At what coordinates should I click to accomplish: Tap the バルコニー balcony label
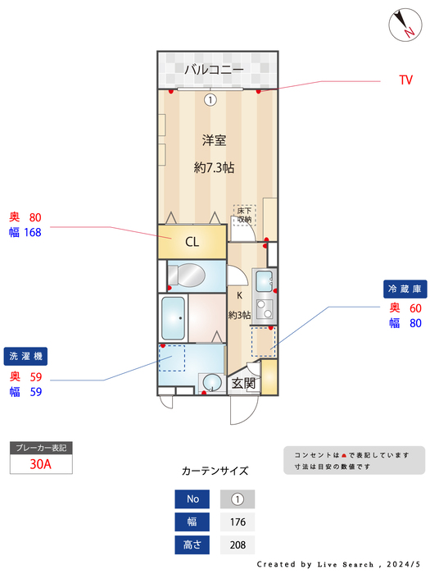point(213,70)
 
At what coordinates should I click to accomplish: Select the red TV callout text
point(405,80)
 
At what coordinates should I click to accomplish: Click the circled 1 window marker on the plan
point(210,100)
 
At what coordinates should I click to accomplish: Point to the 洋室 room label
point(213,140)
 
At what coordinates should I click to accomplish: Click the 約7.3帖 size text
point(214,167)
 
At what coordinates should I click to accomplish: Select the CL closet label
point(192,242)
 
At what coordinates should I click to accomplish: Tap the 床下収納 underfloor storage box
point(245,216)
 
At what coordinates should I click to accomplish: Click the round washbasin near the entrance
point(212,381)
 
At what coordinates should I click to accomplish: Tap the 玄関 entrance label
point(243,383)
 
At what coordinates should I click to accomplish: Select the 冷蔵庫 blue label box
point(405,289)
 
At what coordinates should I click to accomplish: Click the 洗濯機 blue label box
point(27,357)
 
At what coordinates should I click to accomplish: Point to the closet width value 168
point(32,232)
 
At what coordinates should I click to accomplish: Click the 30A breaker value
point(41,463)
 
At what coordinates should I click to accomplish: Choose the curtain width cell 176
point(238,522)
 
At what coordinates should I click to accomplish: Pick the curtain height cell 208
point(238,544)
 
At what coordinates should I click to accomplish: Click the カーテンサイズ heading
point(215,471)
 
